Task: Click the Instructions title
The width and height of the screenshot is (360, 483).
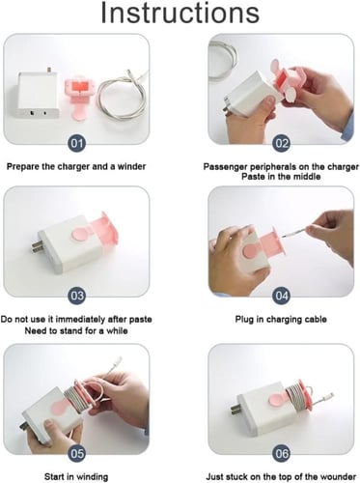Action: point(180,13)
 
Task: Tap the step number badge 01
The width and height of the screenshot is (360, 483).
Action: point(77,143)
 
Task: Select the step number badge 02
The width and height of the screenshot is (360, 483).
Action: point(282,143)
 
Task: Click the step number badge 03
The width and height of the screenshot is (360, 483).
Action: point(77,296)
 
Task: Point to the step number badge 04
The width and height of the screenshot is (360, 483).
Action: point(282,296)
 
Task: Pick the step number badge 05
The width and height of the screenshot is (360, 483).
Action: point(77,454)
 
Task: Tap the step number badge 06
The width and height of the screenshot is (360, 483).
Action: point(282,454)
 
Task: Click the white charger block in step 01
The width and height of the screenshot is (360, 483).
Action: point(38,94)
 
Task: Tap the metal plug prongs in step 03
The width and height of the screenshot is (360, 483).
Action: point(36,248)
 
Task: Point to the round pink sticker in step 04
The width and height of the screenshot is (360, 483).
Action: point(249,251)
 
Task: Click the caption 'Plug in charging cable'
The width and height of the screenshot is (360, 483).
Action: point(281,320)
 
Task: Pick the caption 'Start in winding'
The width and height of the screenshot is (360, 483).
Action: point(76,476)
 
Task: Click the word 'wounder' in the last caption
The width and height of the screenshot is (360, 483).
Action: point(339,476)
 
